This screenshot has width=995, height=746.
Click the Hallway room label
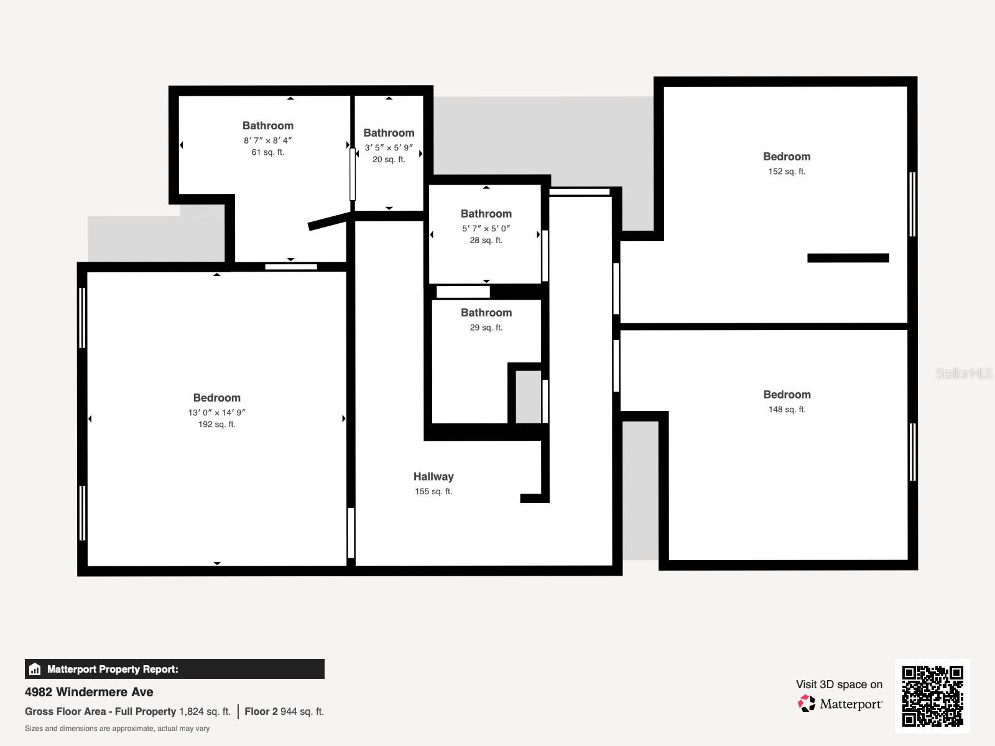[433, 477]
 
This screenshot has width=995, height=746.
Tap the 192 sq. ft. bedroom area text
[216, 425]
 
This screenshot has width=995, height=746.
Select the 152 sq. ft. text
[787, 172]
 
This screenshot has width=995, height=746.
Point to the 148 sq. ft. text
[787, 410]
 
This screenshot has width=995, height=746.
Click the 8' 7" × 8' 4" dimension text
[267, 140]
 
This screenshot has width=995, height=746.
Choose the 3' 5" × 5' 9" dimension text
[389, 148]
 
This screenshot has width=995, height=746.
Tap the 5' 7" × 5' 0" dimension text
[486, 229]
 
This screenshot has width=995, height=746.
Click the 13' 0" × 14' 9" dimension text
[216, 413]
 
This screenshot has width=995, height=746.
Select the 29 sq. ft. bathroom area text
[486, 328]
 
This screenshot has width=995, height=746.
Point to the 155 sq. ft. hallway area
[433, 492]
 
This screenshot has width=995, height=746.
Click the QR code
[932, 696]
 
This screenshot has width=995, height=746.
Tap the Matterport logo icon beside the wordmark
[807, 704]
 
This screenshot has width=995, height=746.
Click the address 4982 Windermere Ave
[89, 692]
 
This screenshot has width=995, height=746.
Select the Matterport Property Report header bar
[174, 669]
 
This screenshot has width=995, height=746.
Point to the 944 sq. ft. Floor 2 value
[302, 712]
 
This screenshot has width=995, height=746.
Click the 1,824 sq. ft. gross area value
[205, 712]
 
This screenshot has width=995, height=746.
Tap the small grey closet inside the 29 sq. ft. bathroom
[528, 397]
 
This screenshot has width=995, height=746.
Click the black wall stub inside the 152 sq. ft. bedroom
[848, 258]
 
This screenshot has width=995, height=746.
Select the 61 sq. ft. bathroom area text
[267, 152]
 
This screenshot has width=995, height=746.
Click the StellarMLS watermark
[963, 373]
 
